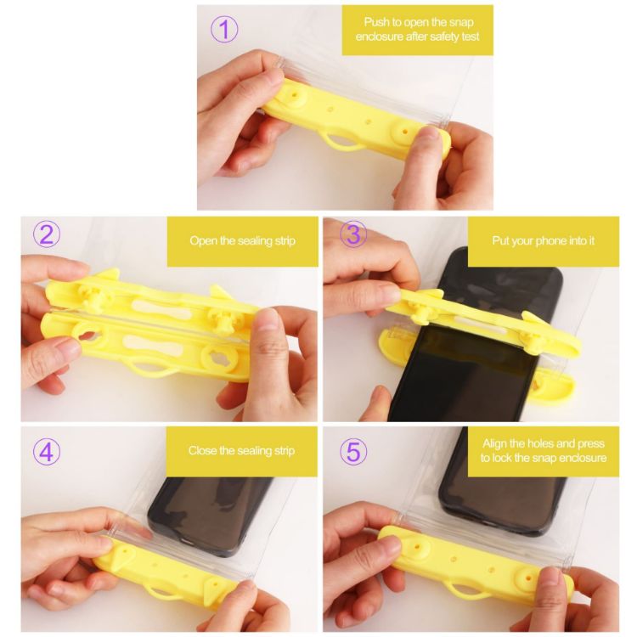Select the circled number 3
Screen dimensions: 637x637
click(x=352, y=234)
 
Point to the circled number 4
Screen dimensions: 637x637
click(x=46, y=451)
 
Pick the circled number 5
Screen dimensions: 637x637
click(x=352, y=451)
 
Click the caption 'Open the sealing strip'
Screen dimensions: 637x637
click(x=243, y=240)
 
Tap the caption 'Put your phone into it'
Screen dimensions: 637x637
click(x=544, y=240)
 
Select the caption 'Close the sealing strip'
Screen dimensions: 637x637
click(x=243, y=451)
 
